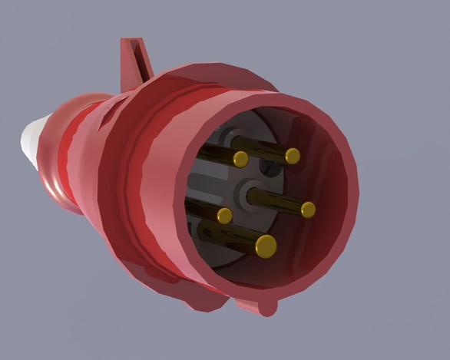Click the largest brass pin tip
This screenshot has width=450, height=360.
(x=266, y=246)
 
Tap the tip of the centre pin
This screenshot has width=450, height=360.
(x=308, y=210)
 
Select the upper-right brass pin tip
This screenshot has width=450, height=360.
(x=293, y=156)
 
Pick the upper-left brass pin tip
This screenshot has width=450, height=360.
(x=240, y=159)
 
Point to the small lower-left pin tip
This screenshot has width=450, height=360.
(x=224, y=216)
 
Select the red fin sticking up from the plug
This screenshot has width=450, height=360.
(x=137, y=61)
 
